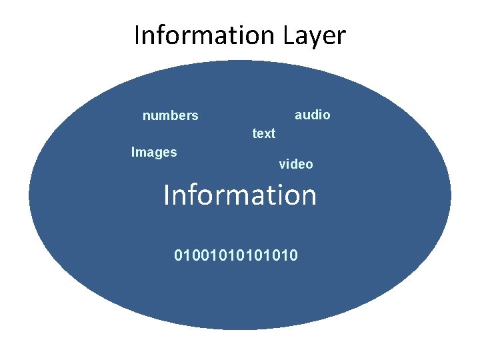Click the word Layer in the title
click(x=315, y=35)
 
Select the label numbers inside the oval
click(x=170, y=116)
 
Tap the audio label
click(x=312, y=115)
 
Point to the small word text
click(x=263, y=133)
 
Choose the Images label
click(x=154, y=152)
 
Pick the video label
click(x=295, y=164)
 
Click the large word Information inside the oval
click(x=240, y=195)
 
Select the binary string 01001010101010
click(x=236, y=255)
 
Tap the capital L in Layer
click(x=291, y=35)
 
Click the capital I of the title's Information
click(x=137, y=35)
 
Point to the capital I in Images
click(x=133, y=152)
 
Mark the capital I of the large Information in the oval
click(x=167, y=195)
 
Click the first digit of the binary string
click(x=178, y=255)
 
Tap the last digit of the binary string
click(x=294, y=255)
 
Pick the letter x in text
click(x=266, y=134)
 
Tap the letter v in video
click(x=282, y=165)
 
